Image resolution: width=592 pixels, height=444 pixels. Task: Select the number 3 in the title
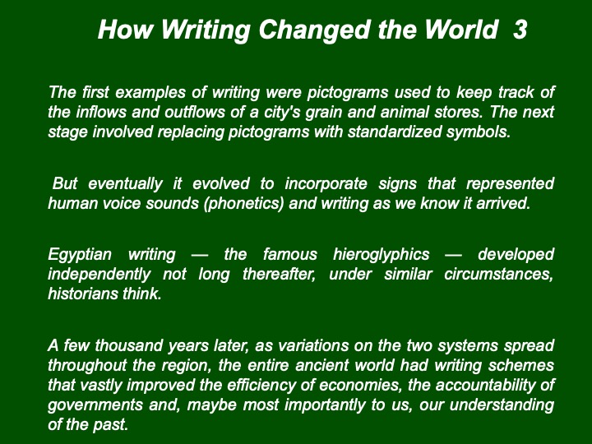(520, 30)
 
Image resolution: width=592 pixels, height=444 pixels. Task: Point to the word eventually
(125, 185)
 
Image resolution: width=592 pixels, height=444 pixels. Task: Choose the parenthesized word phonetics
(243, 204)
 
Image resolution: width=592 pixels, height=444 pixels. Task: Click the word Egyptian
(80, 255)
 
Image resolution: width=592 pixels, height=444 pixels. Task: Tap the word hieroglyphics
(382, 255)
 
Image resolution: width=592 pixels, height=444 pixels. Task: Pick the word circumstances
(499, 274)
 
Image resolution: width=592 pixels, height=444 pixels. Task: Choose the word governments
(95, 405)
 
